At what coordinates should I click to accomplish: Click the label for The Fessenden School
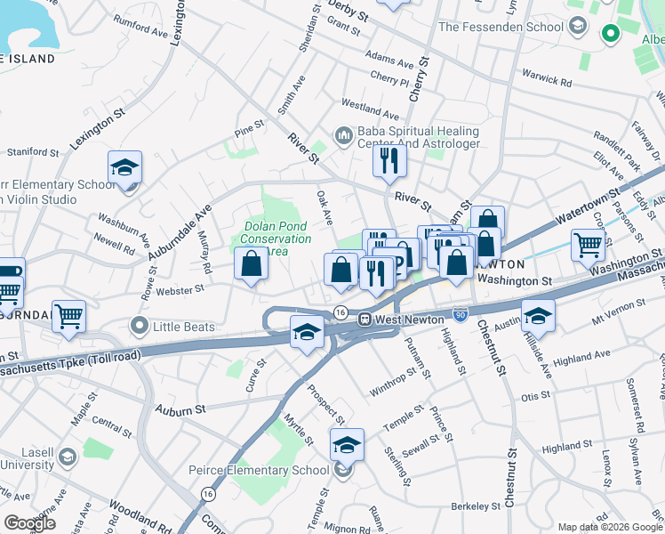501,27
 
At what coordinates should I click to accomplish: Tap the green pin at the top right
610,34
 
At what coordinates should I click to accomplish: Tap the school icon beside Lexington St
125,167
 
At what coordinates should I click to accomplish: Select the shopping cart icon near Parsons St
589,244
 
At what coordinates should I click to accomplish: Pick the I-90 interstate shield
459,314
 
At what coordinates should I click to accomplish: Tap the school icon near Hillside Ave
537,316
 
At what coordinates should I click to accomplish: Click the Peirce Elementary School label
259,470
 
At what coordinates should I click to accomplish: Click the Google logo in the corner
29,522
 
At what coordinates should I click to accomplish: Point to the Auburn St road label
180,409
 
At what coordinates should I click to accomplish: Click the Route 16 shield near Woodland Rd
207,493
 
